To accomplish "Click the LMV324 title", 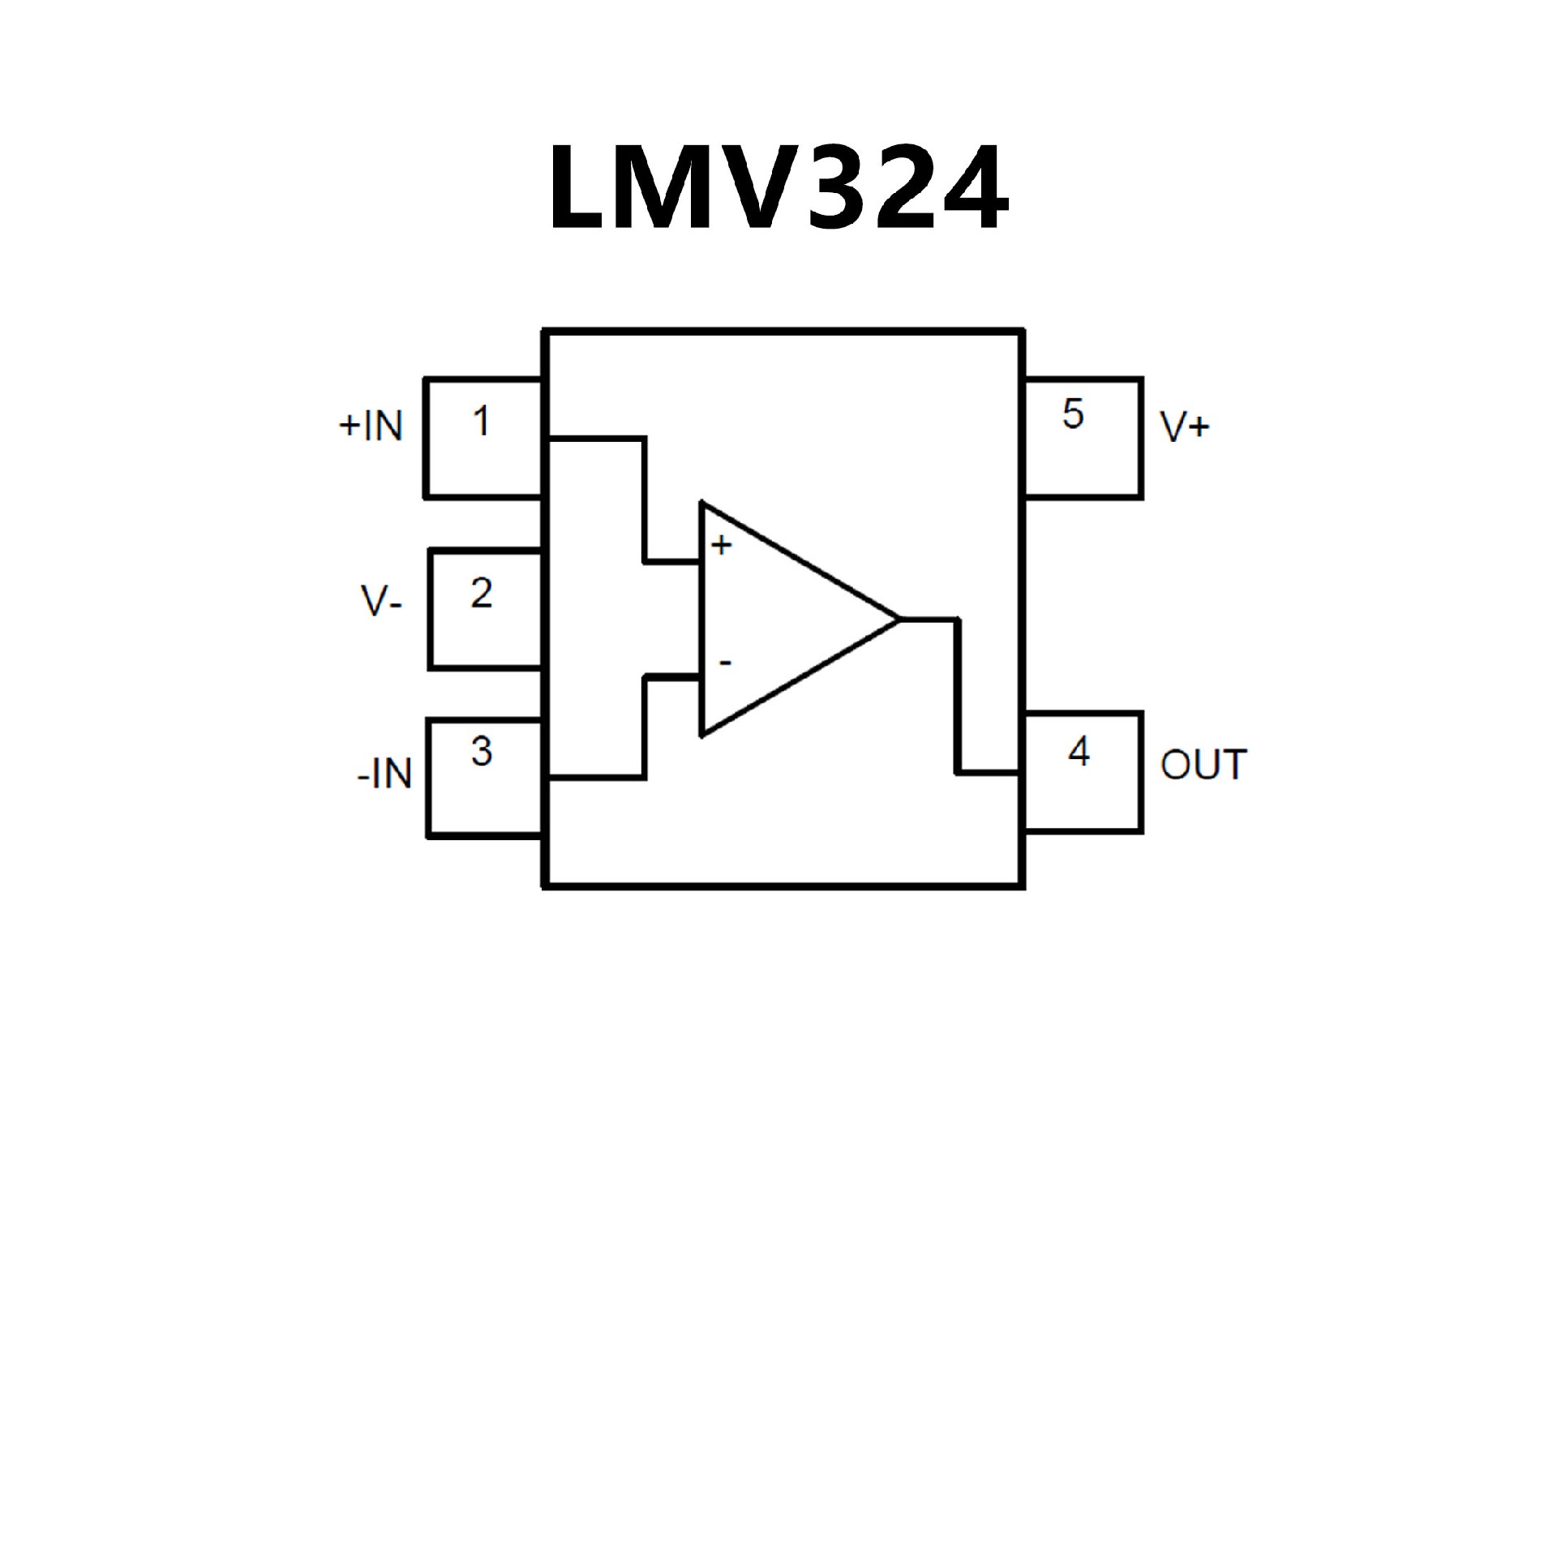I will (778, 189).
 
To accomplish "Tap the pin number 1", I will (482, 422).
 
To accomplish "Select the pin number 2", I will (482, 594).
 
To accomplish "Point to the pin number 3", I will (482, 752).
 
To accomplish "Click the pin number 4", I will (1079, 753).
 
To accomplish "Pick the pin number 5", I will (1072, 414).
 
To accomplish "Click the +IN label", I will (371, 426).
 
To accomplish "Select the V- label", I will (381, 603).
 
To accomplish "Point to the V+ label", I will (1185, 427).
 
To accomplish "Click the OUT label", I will (1203, 765).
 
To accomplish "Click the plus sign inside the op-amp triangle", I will (721, 545).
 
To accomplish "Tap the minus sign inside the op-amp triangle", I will (724, 663).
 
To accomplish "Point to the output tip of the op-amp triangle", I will (899, 620).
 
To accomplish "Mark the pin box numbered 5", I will (1083, 437).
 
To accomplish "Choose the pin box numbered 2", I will (485, 610).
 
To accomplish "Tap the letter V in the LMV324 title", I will (750, 189).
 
